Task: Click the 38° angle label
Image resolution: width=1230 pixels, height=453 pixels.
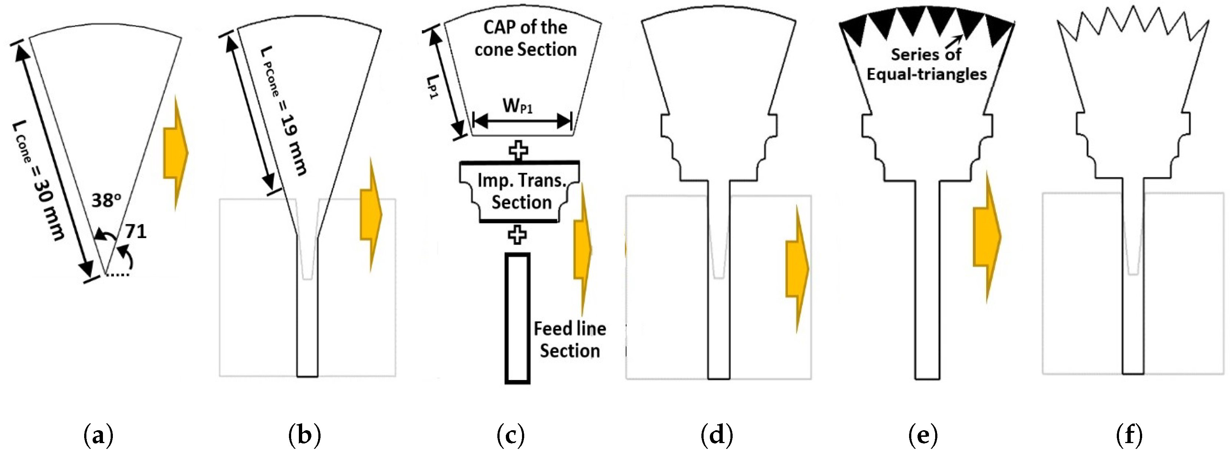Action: click(x=106, y=200)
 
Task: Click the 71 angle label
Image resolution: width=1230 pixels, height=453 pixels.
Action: click(x=136, y=232)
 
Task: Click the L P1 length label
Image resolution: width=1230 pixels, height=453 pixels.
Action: click(x=433, y=86)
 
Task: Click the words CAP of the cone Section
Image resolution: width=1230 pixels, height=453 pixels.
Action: click(x=525, y=38)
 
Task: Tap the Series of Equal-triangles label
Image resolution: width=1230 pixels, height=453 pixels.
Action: click(x=926, y=64)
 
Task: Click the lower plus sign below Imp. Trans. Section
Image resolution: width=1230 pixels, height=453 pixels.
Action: click(x=517, y=234)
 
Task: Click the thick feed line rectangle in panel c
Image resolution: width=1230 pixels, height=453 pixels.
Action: click(x=518, y=319)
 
